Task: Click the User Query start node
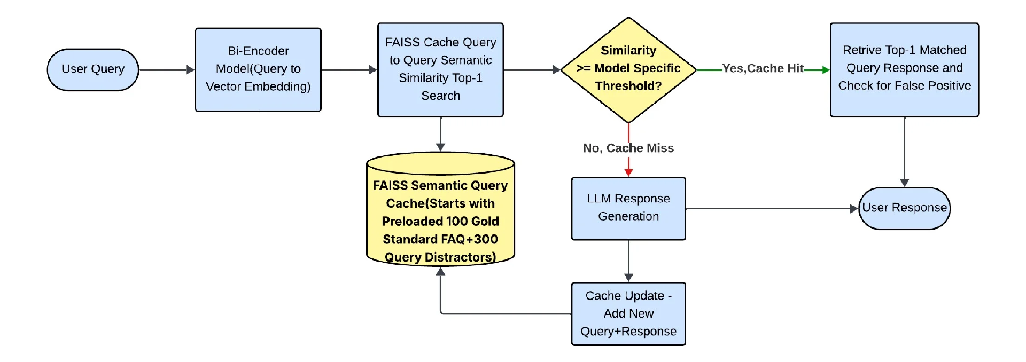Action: coord(93,70)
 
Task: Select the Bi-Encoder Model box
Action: coord(258,70)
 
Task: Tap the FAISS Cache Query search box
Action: coord(440,70)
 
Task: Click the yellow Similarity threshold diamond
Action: coord(628,70)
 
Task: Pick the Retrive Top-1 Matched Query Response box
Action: coord(904,70)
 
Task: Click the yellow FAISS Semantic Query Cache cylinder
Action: coord(440,209)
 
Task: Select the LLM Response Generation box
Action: coord(628,209)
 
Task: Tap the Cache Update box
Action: coord(628,314)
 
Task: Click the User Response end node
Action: coord(904,208)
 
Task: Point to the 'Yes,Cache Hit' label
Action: coord(763,68)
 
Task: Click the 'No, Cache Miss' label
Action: coord(628,148)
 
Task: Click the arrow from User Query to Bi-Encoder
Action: coord(167,70)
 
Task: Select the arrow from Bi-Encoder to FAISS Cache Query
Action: coord(349,70)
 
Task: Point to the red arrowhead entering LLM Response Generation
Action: coord(628,172)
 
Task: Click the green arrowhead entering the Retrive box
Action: coord(826,70)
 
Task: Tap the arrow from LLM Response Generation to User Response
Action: coord(772,209)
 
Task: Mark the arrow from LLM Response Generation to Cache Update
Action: coord(628,261)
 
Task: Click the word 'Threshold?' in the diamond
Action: coord(628,86)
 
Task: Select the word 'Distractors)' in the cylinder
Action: coord(460,257)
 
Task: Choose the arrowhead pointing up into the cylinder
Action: coord(440,271)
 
